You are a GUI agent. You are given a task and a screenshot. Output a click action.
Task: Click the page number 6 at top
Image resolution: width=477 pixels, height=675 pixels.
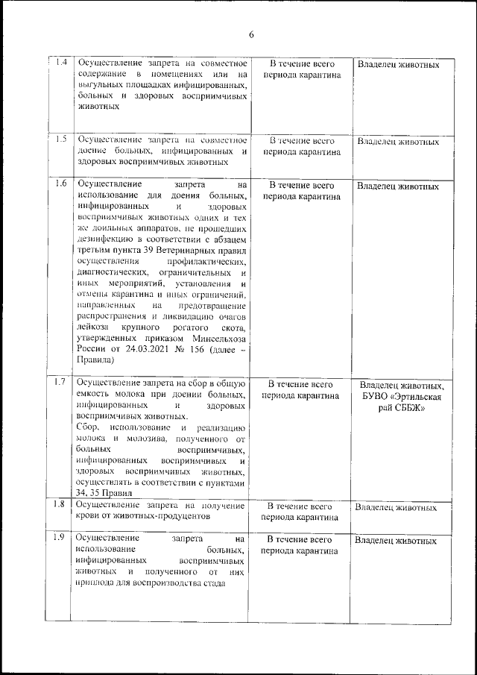(252, 35)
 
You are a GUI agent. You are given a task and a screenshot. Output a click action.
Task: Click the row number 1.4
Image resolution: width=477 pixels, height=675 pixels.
(63, 63)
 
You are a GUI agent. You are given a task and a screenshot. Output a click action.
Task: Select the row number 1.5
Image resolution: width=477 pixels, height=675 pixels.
(63, 139)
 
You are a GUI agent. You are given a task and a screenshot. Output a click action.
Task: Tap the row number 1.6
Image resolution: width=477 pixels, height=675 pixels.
(63, 183)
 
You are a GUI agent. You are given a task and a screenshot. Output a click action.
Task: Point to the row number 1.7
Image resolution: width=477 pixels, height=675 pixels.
(63, 383)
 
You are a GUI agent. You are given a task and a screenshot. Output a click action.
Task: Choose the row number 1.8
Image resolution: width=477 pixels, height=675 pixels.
(63, 505)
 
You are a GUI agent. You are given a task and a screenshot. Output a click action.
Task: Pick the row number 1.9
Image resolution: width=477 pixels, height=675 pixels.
(63, 538)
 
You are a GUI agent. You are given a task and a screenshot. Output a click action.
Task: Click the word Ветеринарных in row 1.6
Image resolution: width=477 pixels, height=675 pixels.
(181, 250)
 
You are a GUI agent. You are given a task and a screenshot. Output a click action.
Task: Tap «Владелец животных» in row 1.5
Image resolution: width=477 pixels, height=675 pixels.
(398, 141)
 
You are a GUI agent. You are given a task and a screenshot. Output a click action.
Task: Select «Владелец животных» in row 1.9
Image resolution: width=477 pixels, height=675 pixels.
(396, 540)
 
